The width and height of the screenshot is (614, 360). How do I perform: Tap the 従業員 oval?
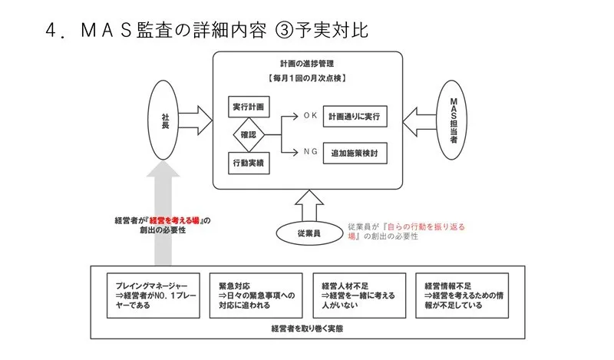point(306,230)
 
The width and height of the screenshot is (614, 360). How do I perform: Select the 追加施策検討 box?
point(354,153)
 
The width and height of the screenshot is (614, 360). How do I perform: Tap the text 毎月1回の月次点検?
point(307,78)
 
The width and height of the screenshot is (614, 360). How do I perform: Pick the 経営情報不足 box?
point(462,291)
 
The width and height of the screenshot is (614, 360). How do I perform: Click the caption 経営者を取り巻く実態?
point(307,329)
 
